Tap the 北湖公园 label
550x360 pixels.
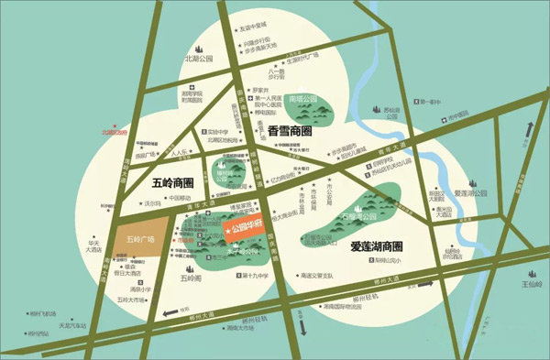[x=198, y=58]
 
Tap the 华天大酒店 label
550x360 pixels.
[x=93, y=246]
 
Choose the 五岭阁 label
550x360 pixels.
[x=190, y=277]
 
